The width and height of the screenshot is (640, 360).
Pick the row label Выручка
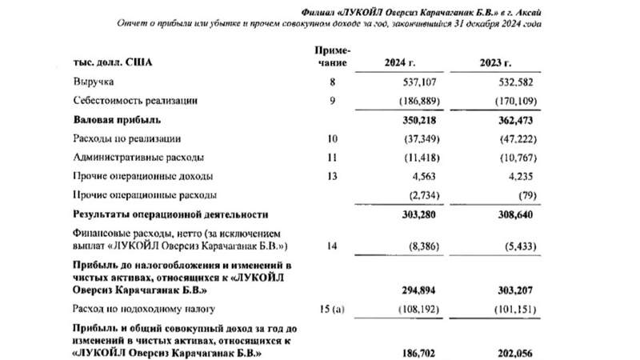tap(94, 82)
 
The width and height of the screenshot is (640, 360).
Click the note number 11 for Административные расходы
tap(334, 158)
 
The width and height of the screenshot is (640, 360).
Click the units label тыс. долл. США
tap(113, 62)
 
